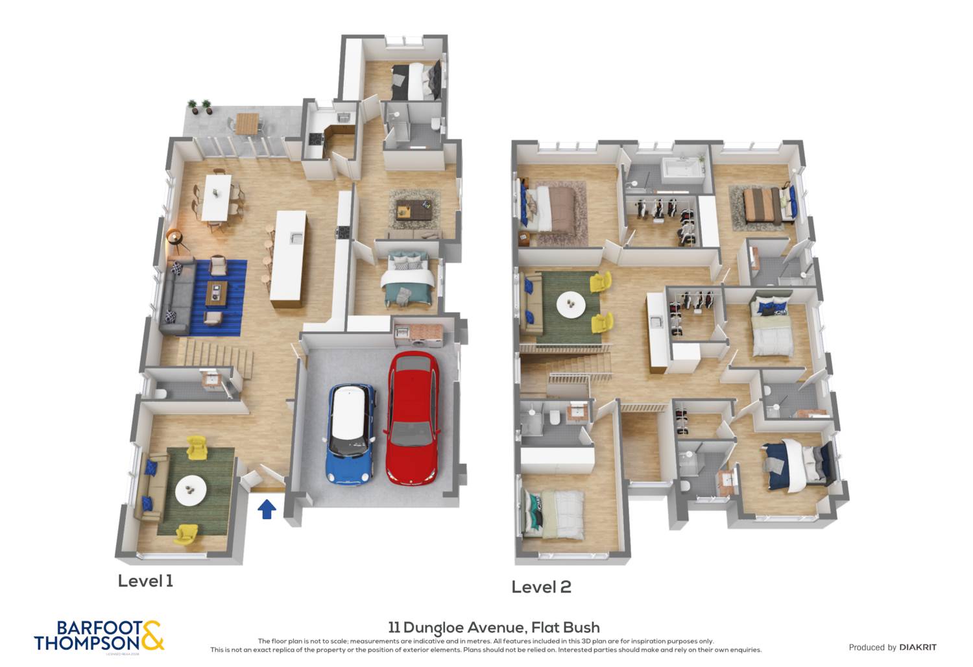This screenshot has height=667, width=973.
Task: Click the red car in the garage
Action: pos(413,418)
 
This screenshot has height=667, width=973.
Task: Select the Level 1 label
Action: pos(145,581)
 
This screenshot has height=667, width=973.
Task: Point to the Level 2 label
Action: pos(541,587)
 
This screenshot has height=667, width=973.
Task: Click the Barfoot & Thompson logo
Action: pos(99,636)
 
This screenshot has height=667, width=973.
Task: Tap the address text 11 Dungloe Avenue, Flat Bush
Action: pos(494,627)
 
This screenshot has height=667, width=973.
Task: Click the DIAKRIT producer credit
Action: pos(893,647)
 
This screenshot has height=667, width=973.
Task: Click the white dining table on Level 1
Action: pos(217,197)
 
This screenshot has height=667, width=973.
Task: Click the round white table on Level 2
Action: pos(571,304)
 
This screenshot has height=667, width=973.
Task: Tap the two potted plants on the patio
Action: pos(199,106)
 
